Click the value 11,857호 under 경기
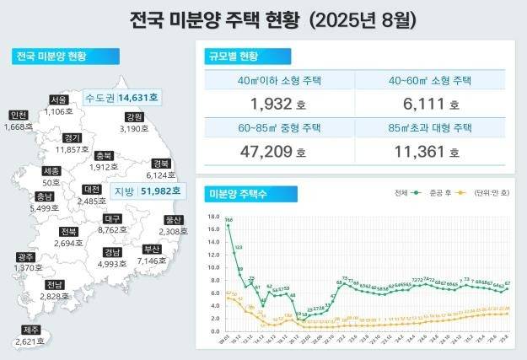(73, 149)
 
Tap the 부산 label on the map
(152, 250)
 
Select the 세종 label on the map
(51, 170)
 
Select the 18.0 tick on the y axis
(211, 216)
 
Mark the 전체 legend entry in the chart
(403, 193)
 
